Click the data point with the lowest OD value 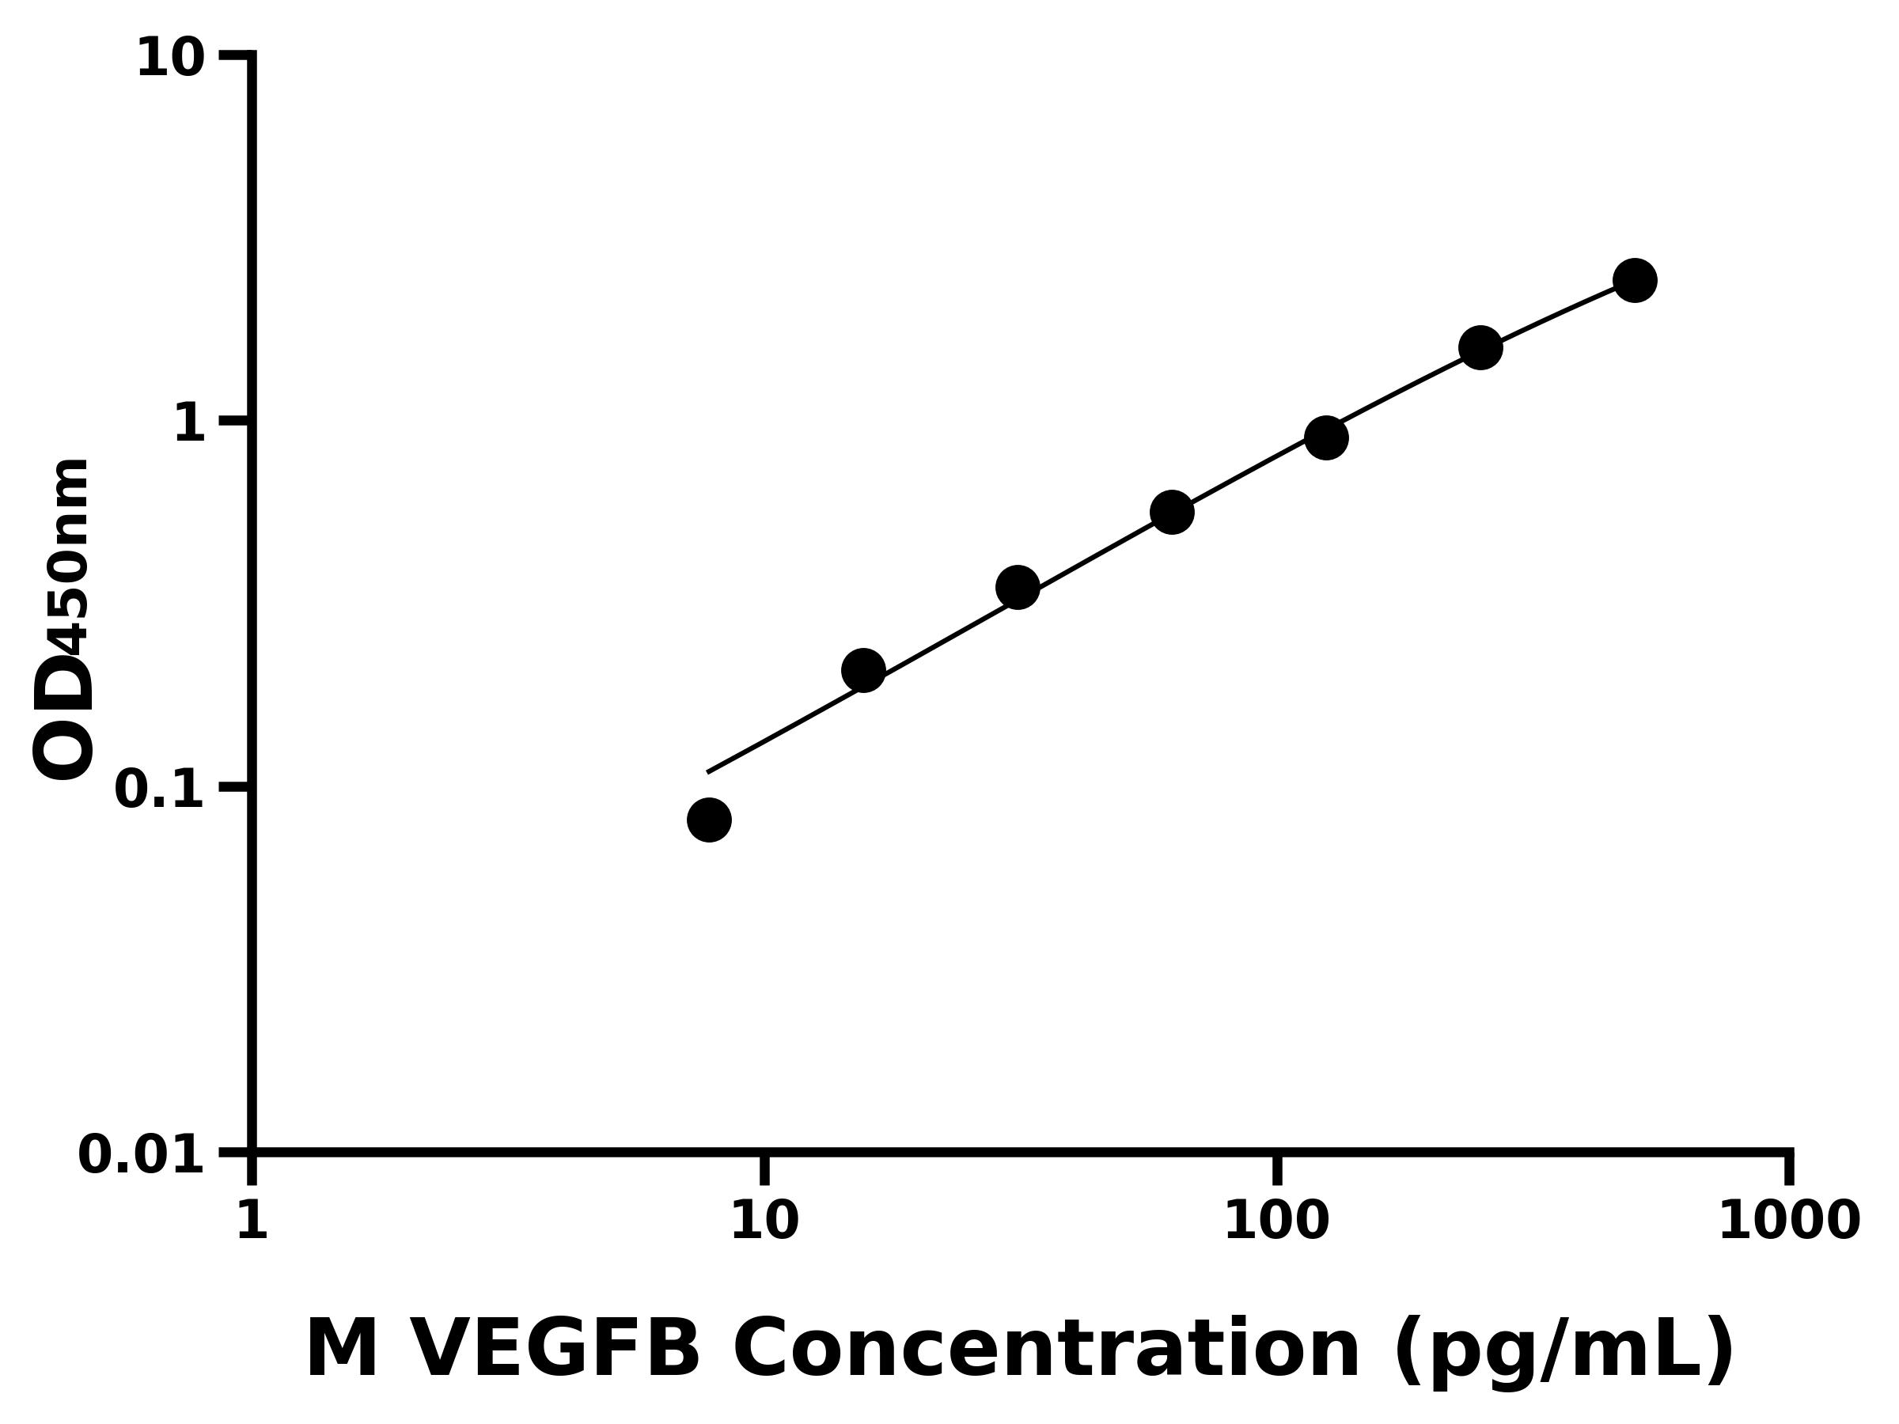(709, 820)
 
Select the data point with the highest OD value (1635, 281)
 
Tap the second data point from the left (864, 669)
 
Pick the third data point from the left (1018, 588)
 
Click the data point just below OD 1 (1325, 437)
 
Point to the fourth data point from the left (1172, 513)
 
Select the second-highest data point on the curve (1480, 347)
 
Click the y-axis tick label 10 (171, 60)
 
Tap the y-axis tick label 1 (190, 424)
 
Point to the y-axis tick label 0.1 (160, 790)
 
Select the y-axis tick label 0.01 (142, 1154)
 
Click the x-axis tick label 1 (252, 1221)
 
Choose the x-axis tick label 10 (764, 1221)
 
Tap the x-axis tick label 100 (1276, 1221)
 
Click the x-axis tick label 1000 (1788, 1221)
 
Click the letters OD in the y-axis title (63, 717)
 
